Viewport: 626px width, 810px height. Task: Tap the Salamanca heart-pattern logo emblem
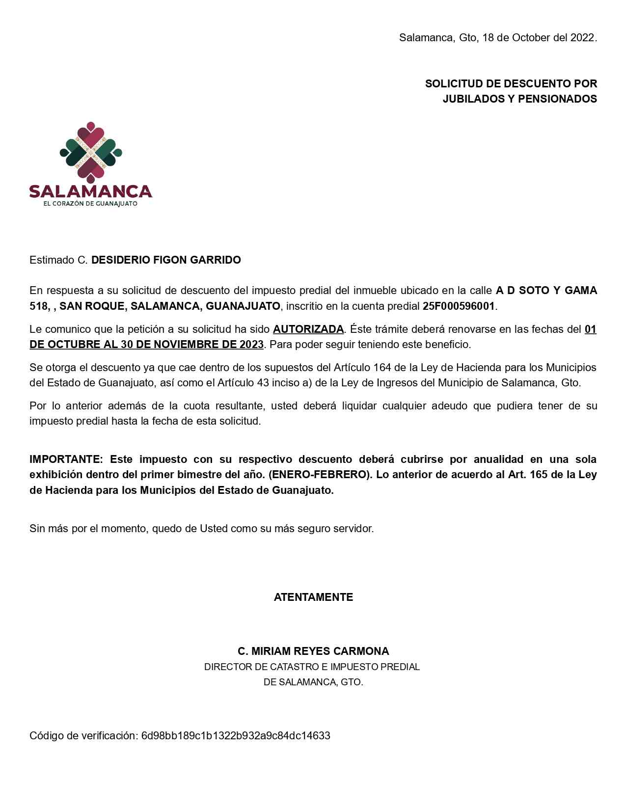[91, 152]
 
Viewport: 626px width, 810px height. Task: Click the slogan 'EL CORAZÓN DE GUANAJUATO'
[91, 203]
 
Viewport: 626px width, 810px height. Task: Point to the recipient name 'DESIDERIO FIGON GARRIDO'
[166, 260]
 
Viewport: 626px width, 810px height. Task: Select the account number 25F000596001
[459, 306]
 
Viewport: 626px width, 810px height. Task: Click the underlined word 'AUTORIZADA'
[308, 329]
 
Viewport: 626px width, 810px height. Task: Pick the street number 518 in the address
[39, 306]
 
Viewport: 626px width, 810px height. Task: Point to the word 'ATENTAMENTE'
[313, 597]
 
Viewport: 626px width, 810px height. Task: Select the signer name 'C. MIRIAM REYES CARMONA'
[313, 651]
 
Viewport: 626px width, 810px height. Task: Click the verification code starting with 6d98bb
[236, 735]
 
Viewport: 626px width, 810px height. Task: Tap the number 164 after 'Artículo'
[382, 368]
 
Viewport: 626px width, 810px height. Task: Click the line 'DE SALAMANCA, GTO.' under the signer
[313, 682]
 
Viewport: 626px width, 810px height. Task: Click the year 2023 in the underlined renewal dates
[251, 345]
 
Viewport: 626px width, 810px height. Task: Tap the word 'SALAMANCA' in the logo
[91, 191]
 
